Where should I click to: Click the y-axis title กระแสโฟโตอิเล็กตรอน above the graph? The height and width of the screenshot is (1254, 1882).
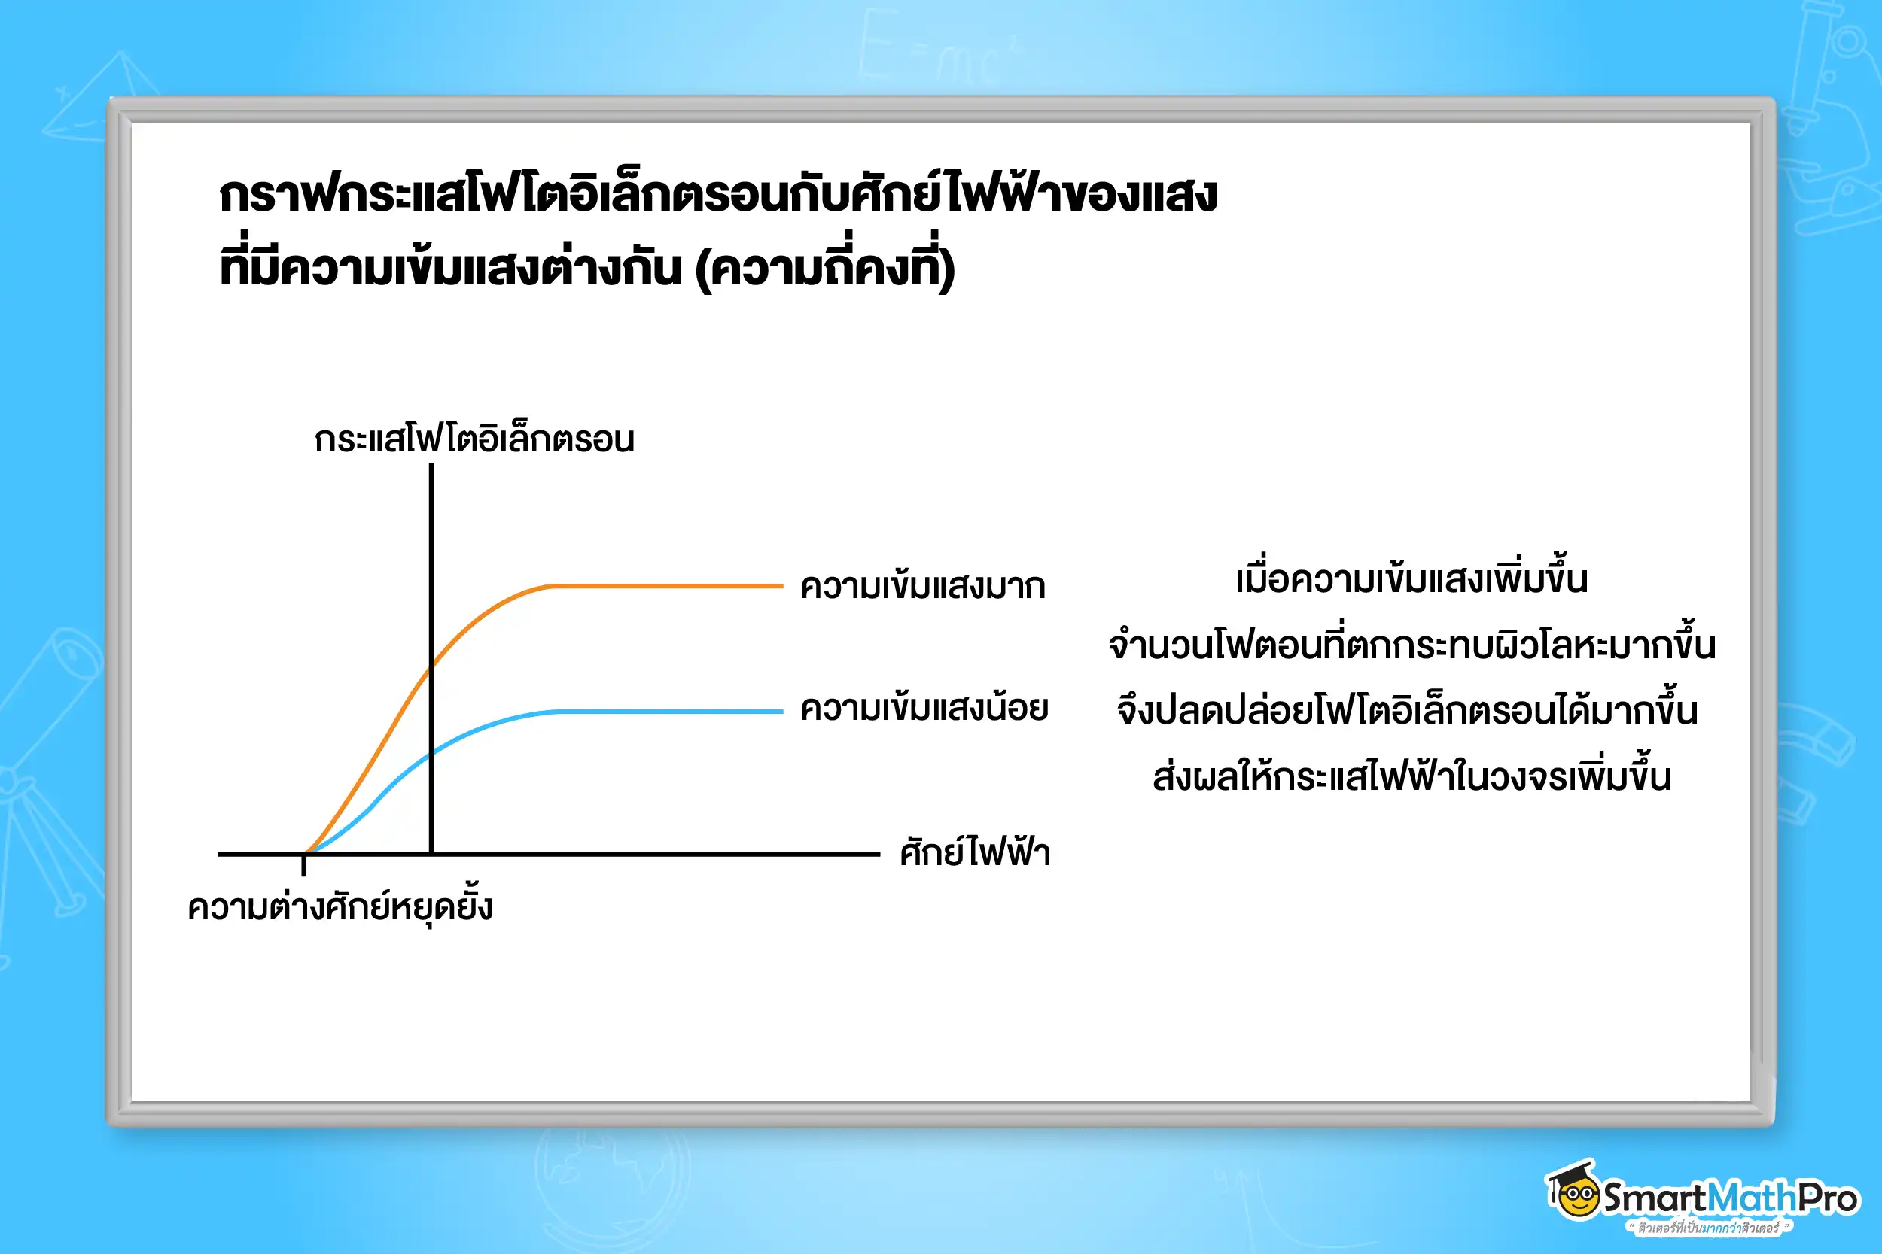pyautogui.click(x=474, y=440)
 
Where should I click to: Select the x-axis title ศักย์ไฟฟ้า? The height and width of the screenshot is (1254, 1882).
pyautogui.click(x=974, y=852)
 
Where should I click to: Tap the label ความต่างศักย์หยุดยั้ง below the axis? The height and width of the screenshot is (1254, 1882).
pyautogui.click(x=340, y=908)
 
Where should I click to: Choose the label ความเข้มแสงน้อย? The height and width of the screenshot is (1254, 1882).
pyautogui.click(x=924, y=709)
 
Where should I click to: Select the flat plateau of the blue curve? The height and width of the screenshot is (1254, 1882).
pyautogui.click(x=672, y=711)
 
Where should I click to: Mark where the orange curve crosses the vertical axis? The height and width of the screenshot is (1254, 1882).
pyautogui.click(x=431, y=666)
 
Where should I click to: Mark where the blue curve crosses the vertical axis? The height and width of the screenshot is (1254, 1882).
pyautogui.click(x=431, y=753)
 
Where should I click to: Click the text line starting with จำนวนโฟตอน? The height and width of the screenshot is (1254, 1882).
pyautogui.click(x=1411, y=645)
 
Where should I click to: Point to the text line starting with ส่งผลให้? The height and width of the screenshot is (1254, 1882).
pyautogui.click(x=1411, y=776)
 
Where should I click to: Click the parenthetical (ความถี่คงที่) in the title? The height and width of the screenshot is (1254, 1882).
pyautogui.click(x=825, y=268)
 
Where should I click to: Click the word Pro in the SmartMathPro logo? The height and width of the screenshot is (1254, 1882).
pyautogui.click(x=1828, y=1198)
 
